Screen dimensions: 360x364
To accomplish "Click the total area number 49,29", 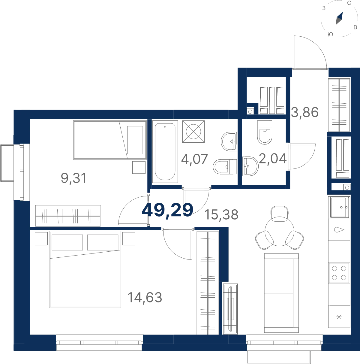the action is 167,211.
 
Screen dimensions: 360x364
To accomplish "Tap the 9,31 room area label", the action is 74,178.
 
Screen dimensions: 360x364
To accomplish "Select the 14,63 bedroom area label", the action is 145,297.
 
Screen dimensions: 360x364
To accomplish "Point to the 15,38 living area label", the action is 221,214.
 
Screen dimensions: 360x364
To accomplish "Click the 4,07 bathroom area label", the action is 194,159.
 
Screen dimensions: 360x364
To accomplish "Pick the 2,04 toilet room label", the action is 273,158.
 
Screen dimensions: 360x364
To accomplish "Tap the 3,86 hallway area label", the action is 305,112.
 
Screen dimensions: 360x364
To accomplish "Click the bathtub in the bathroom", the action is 165,152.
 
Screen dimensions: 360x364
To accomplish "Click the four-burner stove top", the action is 339,273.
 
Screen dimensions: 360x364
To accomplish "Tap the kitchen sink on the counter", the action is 339,208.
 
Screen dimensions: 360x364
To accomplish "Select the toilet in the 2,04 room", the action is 265,132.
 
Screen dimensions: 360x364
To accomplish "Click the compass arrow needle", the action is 339,18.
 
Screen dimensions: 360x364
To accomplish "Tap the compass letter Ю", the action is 330,34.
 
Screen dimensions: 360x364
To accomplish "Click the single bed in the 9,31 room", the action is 110,140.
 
